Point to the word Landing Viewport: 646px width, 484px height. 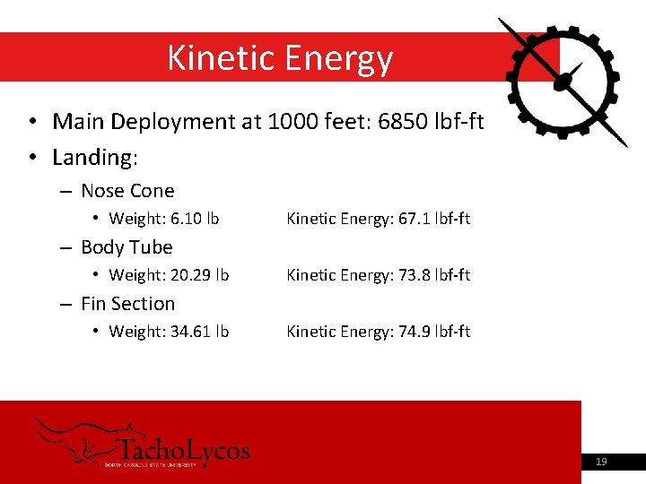tap(92, 158)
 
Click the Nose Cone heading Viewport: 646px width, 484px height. tap(127, 191)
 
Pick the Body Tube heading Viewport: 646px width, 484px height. tap(127, 247)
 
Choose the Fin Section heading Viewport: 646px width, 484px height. tap(127, 304)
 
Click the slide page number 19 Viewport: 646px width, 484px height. tap(601, 462)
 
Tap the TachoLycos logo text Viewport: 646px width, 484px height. tap(184, 450)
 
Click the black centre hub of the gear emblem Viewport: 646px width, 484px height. tap(563, 82)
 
